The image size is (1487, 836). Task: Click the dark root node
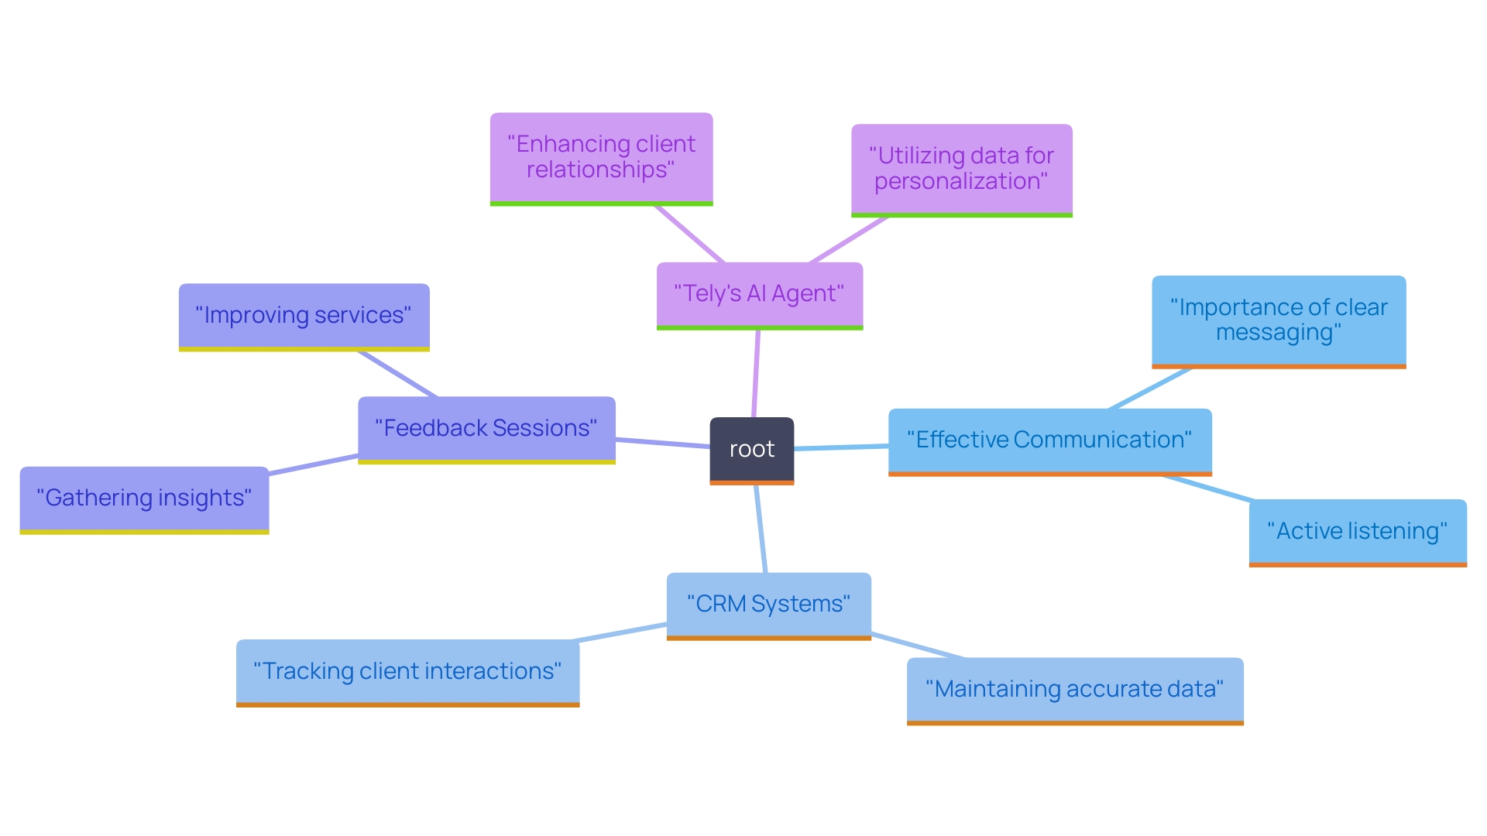pos(751,450)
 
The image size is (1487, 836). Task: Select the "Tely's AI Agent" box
pos(759,295)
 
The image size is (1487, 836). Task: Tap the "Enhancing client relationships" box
pos(601,157)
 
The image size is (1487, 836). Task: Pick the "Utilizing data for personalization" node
pos(961,169)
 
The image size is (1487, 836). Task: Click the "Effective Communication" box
pos(1049,440)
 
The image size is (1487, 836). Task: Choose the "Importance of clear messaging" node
pos(1278,320)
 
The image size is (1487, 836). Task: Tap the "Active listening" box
pos(1357,532)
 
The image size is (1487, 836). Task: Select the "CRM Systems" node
pos(768,605)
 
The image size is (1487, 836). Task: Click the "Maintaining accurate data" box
pos(1074,690)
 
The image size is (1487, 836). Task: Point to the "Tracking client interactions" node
pos(407,671)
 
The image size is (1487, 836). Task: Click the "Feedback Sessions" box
pos(486,429)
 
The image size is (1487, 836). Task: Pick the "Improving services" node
pos(304,316)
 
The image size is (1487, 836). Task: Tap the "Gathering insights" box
pos(144,499)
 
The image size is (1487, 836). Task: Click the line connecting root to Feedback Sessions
pos(663,443)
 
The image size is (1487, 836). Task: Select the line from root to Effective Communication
pos(841,447)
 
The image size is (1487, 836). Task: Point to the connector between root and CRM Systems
pos(761,529)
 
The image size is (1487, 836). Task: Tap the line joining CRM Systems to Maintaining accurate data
pos(918,646)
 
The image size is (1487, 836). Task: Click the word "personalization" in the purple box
pos(960,182)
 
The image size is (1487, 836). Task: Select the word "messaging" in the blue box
pos(1278,333)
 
